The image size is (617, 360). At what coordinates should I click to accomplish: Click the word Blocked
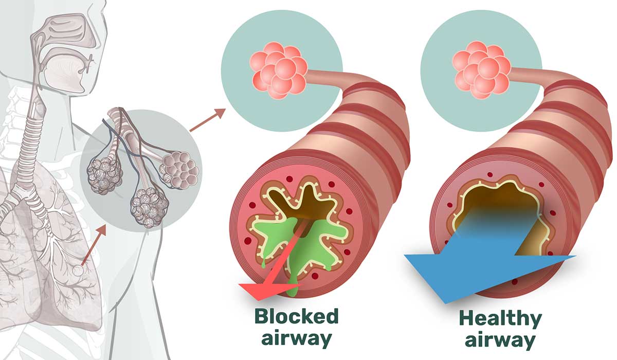pyautogui.click(x=296, y=316)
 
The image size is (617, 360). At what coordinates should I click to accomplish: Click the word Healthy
pyautogui.click(x=500, y=319)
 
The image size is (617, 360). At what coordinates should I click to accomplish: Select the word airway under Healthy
pyautogui.click(x=500, y=340)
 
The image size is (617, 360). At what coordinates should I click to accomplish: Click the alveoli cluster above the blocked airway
pyautogui.click(x=278, y=70)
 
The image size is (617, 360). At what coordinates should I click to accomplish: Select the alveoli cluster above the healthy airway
pyautogui.click(x=481, y=70)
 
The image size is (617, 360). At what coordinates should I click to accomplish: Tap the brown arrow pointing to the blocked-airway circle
pyautogui.click(x=208, y=120)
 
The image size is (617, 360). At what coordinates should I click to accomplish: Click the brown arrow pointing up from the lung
pyautogui.click(x=94, y=246)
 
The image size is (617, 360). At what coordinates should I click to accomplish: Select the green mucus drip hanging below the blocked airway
pyautogui.click(x=293, y=286)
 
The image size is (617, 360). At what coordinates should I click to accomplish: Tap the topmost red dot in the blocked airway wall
pyautogui.click(x=289, y=179)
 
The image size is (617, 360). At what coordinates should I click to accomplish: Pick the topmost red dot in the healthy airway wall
pyautogui.click(x=489, y=174)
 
